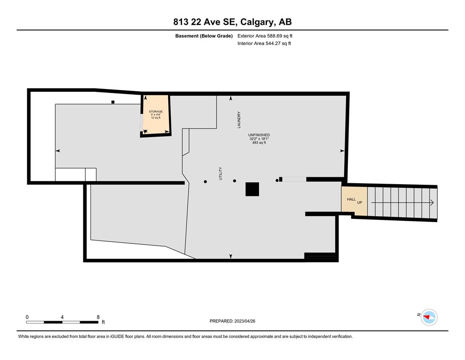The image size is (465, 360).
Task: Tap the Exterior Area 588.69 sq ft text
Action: point(265,36)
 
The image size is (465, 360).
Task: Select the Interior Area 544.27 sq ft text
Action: point(264,43)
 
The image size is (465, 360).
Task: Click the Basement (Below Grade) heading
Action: point(204,36)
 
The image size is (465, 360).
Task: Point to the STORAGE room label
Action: point(155,112)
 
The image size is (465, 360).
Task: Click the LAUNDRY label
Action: point(239,120)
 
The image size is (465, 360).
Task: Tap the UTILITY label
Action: point(221,173)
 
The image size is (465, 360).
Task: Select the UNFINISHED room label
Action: point(259,135)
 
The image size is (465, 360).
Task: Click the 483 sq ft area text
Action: point(259,142)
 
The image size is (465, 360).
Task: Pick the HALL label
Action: point(351,199)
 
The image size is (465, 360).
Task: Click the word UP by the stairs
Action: point(360,202)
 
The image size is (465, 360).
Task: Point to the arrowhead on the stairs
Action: point(432,202)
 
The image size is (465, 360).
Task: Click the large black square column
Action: point(252,189)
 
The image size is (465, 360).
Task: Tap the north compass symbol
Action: point(429,317)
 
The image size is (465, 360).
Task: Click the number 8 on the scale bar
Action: point(98,317)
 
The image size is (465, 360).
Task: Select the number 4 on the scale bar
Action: point(62,317)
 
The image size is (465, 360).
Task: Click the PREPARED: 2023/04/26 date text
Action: point(232,321)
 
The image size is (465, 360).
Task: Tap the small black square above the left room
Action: point(113,102)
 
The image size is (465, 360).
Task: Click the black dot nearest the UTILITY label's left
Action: point(205,181)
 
